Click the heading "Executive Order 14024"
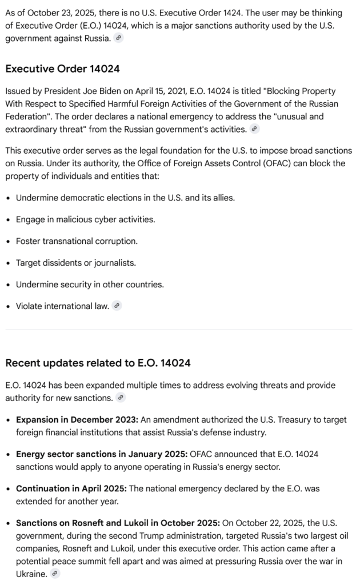point(62,69)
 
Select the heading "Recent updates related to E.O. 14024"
point(98,363)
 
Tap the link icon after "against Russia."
point(118,38)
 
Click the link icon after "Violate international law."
point(117,306)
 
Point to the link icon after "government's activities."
point(254,129)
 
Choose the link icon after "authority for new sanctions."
point(121,398)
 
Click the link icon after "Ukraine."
point(55,574)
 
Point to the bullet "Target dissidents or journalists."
point(75,263)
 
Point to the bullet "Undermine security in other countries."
point(90,285)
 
